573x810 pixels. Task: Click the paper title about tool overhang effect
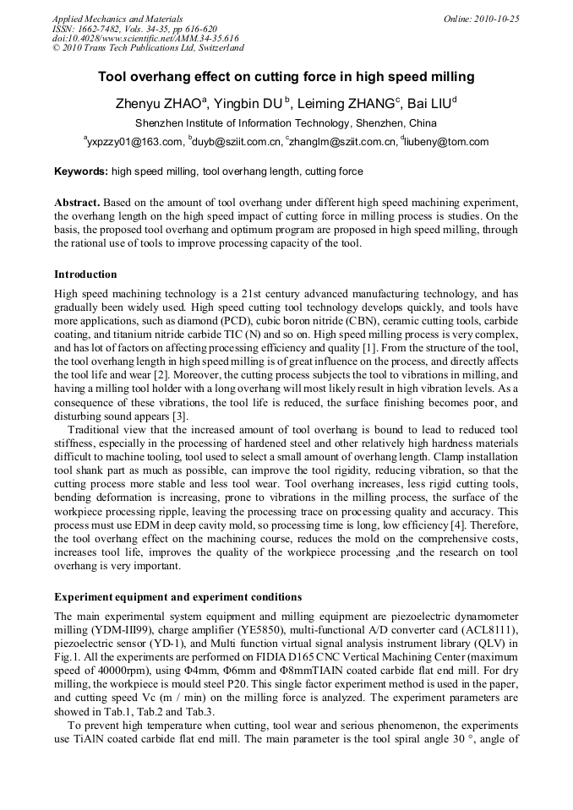(286, 77)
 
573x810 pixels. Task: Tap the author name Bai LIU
(429, 105)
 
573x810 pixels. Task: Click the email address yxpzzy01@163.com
(134, 142)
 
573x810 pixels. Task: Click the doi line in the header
(145, 38)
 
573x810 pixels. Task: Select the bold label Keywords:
(81, 171)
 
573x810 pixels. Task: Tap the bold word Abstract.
(77, 204)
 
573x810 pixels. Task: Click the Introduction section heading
(85, 275)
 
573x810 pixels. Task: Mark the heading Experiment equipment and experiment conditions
(178, 597)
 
